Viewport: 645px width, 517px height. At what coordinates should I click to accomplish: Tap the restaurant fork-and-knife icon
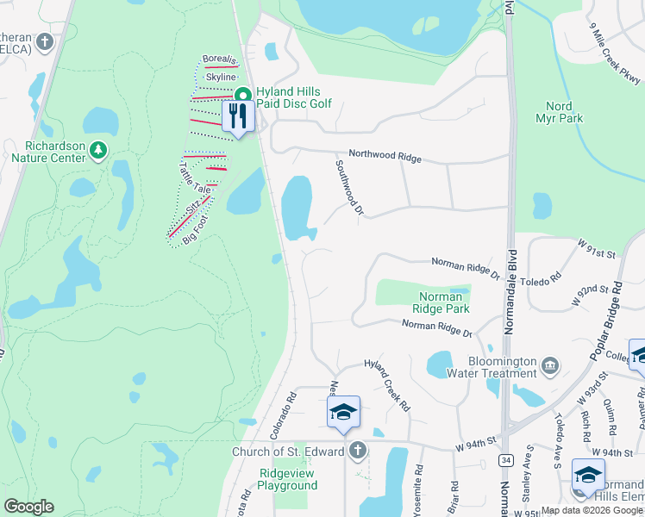(x=238, y=116)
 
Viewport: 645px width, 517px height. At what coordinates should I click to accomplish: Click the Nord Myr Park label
(x=560, y=112)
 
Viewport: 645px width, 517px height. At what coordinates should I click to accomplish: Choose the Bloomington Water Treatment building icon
(x=549, y=366)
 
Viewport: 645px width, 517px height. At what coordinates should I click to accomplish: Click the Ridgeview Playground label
(x=288, y=479)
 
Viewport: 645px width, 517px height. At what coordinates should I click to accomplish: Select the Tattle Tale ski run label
(x=194, y=177)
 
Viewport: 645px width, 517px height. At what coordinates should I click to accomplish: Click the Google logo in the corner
(x=28, y=507)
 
